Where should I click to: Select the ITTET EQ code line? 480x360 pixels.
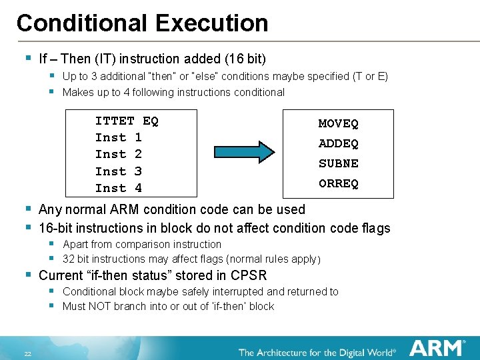coord(127,121)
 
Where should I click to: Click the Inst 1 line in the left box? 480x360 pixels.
coord(118,137)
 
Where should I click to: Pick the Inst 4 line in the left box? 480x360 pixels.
coord(118,188)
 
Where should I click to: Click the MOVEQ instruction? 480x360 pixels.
coord(338,123)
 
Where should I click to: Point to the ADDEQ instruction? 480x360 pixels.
coord(338,143)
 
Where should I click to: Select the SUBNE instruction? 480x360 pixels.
coord(338,163)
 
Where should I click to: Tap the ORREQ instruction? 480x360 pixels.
coord(338,183)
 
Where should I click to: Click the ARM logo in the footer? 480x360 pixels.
coord(437,348)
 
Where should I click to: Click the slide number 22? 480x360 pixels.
coord(28,353)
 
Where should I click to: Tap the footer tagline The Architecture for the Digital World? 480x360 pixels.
coord(317,351)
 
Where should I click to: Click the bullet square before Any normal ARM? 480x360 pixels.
coord(28,209)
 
